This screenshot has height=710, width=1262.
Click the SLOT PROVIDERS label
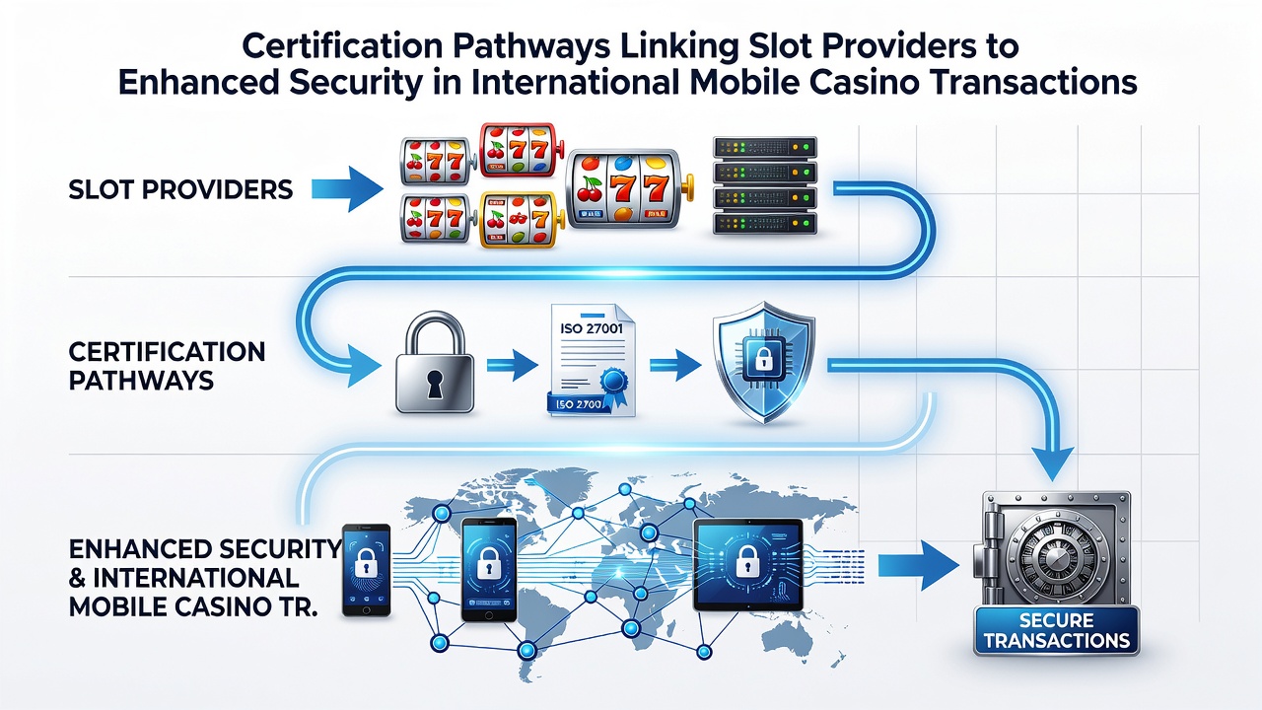pyautogui.click(x=180, y=190)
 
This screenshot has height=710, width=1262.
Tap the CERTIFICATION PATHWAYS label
pyautogui.click(x=167, y=366)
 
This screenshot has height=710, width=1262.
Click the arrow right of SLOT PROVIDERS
pyautogui.click(x=347, y=189)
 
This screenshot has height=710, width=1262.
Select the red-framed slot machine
pyautogui.click(x=521, y=149)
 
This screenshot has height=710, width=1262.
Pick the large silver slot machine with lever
pyautogui.click(x=629, y=188)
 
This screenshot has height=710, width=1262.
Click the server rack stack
pyautogui.click(x=764, y=185)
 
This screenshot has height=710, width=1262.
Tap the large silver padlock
pyautogui.click(x=435, y=363)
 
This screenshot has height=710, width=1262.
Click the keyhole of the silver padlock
pyautogui.click(x=435, y=385)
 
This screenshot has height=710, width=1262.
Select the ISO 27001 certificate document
pyautogui.click(x=591, y=361)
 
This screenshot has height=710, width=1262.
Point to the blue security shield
pyautogui.click(x=763, y=362)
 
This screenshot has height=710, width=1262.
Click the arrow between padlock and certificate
pyautogui.click(x=512, y=365)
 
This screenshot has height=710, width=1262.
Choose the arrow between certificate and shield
pyautogui.click(x=675, y=365)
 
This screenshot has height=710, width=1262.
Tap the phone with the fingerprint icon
pyautogui.click(x=367, y=570)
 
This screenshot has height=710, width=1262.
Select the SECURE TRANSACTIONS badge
pyautogui.click(x=1056, y=630)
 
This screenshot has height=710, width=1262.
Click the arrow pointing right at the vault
pyautogui.click(x=918, y=565)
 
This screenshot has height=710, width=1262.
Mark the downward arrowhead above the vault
pyautogui.click(x=1052, y=463)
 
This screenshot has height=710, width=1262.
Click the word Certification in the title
pyautogui.click(x=342, y=46)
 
